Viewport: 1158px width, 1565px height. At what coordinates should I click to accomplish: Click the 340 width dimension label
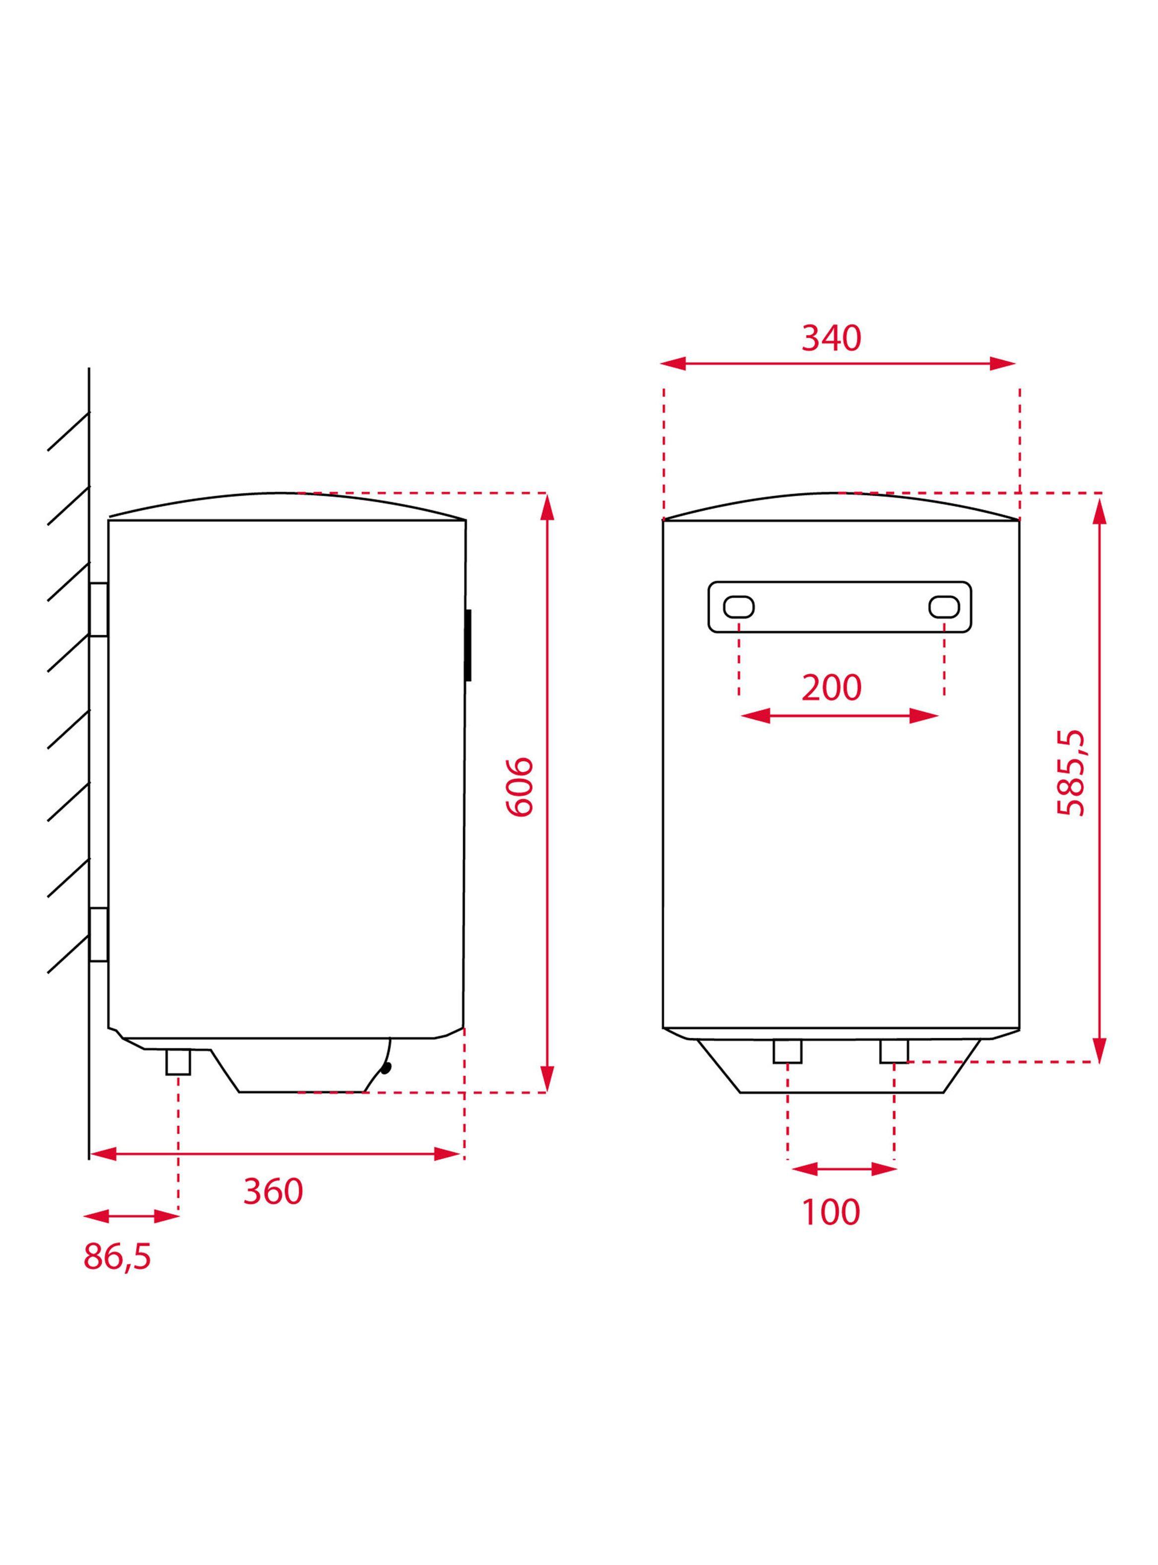pyautogui.click(x=831, y=338)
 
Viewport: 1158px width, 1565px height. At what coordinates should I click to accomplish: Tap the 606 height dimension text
pyautogui.click(x=520, y=786)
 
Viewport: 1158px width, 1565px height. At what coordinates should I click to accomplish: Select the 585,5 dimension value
pyautogui.click(x=1071, y=773)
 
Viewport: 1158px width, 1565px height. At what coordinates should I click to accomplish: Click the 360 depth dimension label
pyautogui.click(x=273, y=1191)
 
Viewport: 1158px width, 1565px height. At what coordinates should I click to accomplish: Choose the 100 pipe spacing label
pyautogui.click(x=831, y=1212)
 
